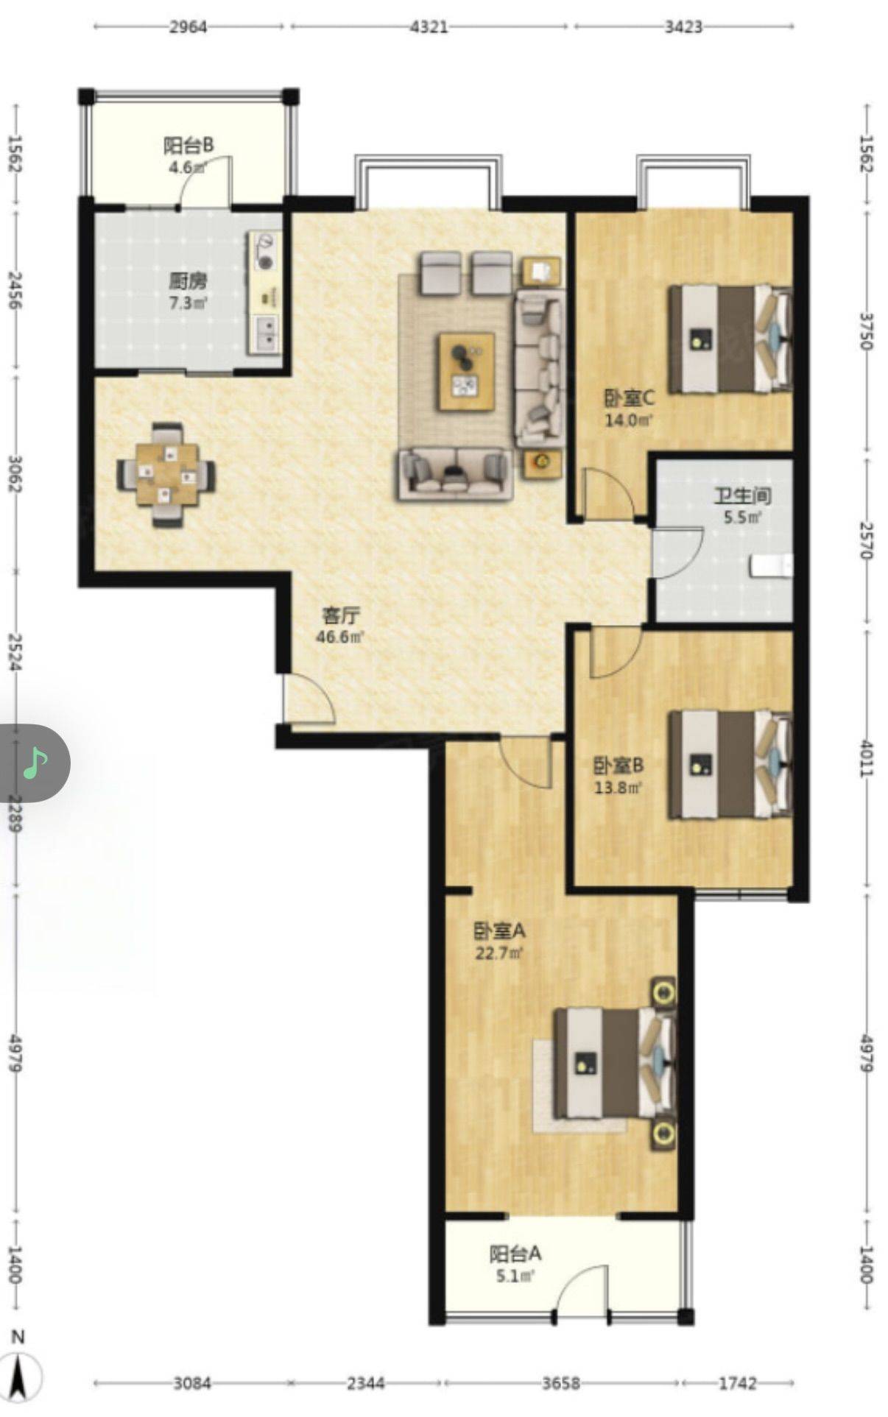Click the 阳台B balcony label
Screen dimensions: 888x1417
188,145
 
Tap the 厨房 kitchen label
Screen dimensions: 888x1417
187,281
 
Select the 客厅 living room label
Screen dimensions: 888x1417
341,615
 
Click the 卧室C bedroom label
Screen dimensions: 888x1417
630,398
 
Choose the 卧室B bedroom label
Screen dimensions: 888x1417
619,766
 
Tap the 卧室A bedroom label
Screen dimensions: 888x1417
498,931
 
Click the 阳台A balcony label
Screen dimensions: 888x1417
516,1253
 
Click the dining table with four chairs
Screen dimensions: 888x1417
167,474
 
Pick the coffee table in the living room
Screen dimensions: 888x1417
465,371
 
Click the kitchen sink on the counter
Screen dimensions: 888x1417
266,333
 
